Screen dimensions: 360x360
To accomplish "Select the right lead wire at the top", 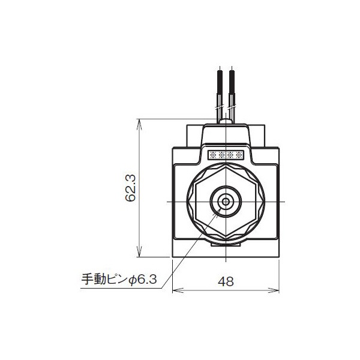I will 232,90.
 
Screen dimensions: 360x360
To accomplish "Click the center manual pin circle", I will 226,202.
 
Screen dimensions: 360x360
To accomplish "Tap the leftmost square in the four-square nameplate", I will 211,155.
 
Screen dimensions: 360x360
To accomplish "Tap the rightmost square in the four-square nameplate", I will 239,155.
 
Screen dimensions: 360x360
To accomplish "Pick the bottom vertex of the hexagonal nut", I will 226,238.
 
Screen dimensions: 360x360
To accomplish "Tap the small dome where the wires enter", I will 226,122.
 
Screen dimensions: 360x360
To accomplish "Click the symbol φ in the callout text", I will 134,279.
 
